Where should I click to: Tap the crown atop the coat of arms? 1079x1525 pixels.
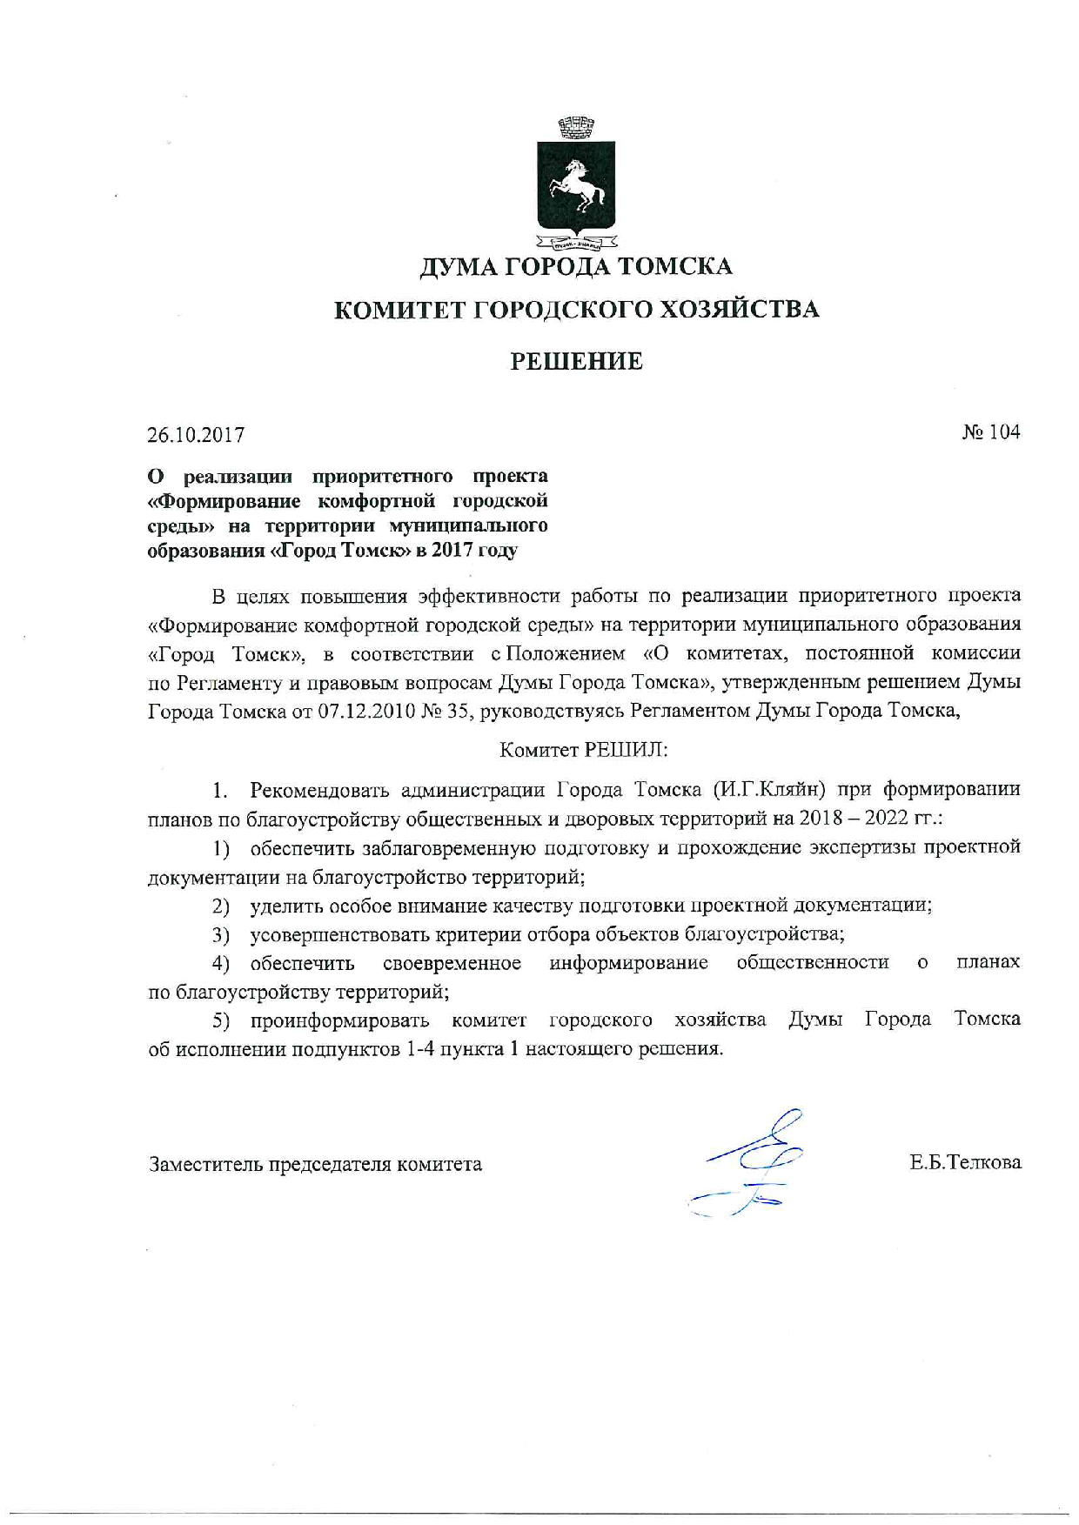[x=575, y=128]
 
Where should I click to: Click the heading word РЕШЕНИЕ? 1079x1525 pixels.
[x=576, y=361]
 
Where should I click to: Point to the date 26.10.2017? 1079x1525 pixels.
[x=196, y=434]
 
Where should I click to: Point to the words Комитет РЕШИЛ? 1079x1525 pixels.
[x=583, y=749]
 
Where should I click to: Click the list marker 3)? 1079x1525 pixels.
[x=221, y=935]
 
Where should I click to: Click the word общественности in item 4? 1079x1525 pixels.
[x=813, y=962]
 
